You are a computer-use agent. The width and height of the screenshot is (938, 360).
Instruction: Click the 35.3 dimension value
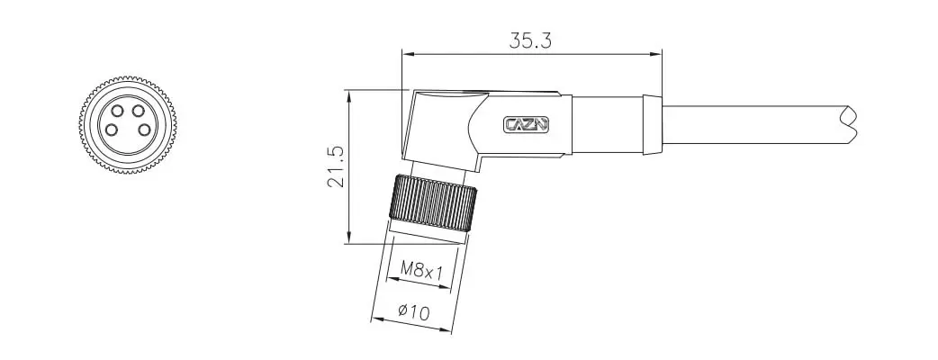coord(530,40)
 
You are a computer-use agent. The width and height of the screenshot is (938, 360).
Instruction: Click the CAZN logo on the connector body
coord(527,125)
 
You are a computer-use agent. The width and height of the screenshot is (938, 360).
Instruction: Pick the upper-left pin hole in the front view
coord(117,111)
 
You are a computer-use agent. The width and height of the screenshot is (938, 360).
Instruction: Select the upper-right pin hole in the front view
coord(139,111)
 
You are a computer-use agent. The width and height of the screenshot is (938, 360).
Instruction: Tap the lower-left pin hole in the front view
coord(112,130)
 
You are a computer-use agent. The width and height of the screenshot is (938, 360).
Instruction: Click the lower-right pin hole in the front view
coord(143,130)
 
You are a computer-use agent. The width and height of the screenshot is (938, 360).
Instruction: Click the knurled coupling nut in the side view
coord(433,202)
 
